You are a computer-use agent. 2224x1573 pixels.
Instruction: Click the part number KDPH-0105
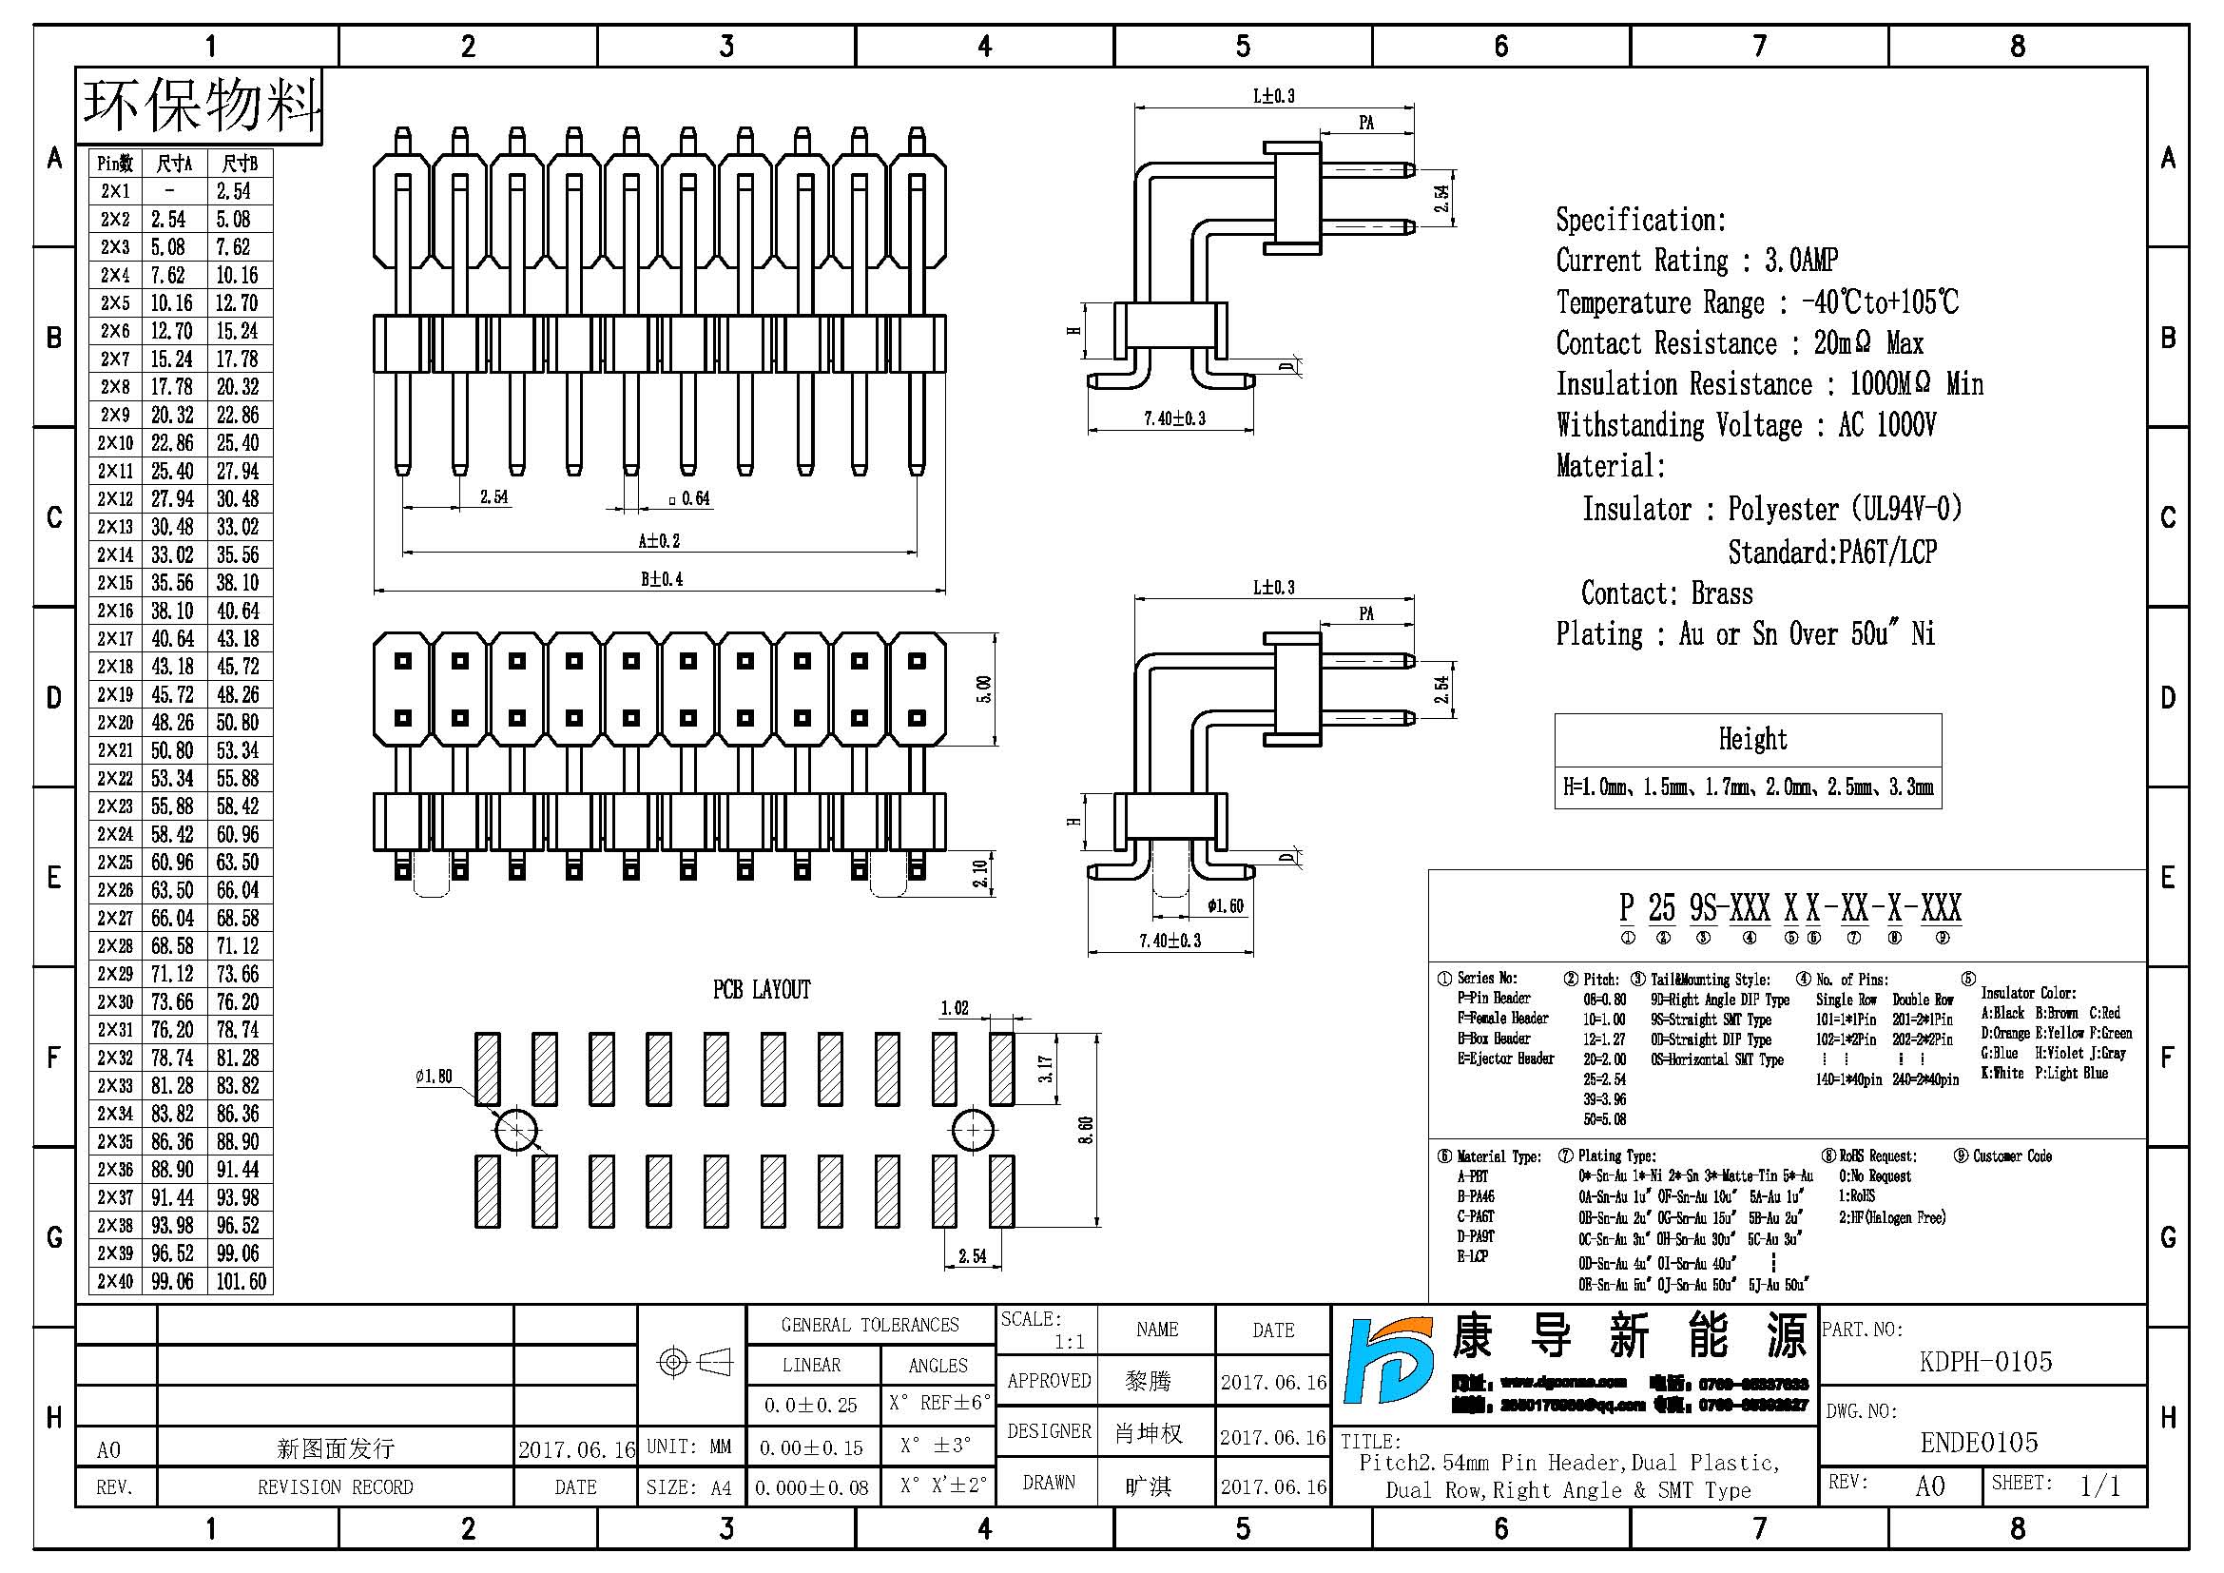tap(1984, 1362)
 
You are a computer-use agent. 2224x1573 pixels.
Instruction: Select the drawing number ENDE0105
tap(1979, 1444)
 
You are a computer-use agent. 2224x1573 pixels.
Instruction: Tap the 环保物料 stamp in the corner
tap(201, 106)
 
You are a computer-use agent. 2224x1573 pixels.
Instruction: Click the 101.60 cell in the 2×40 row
tap(241, 1281)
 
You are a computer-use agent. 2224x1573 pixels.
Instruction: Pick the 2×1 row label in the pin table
tap(114, 191)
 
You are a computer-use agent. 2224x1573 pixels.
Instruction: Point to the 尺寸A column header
tap(173, 164)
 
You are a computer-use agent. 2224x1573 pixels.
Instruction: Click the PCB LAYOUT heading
tap(762, 990)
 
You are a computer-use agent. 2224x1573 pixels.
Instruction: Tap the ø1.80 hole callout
tap(433, 1077)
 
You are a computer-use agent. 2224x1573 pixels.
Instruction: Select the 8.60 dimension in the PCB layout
tap(1086, 1131)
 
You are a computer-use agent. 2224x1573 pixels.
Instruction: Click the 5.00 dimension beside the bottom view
tap(984, 689)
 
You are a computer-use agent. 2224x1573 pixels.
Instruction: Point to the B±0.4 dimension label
tap(662, 579)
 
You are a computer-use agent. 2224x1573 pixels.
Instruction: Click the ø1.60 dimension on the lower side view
tap(1225, 906)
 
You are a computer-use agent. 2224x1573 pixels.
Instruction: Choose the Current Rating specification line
tap(1696, 261)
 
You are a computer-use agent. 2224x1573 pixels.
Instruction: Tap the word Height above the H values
tap(1752, 739)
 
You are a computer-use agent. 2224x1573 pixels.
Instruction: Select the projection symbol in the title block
tap(693, 1363)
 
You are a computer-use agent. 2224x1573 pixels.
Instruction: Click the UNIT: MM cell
tap(688, 1447)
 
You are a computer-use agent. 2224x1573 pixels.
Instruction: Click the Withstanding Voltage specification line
tap(1746, 425)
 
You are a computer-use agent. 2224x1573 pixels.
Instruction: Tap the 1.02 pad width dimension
tap(954, 1008)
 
